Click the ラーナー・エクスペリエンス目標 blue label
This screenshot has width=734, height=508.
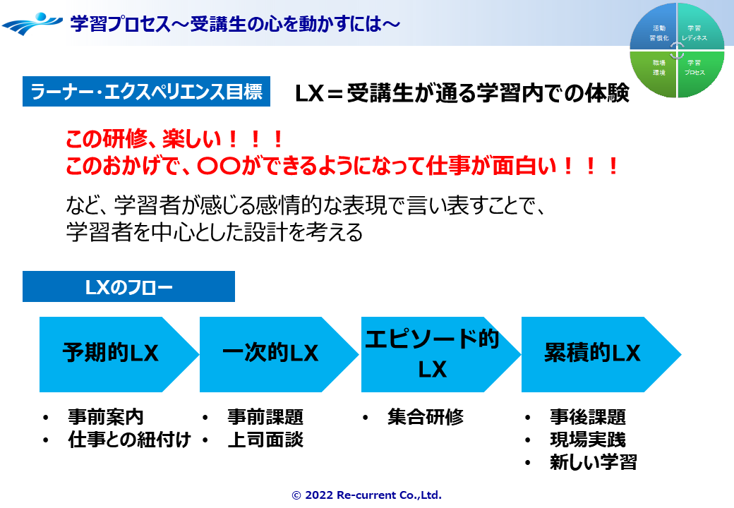146,92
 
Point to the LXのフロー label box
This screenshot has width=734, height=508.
128,287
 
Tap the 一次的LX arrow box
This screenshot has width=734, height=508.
271,353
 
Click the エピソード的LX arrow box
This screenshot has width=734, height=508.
432,353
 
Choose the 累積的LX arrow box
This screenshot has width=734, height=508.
592,353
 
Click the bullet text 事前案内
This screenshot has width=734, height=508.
106,417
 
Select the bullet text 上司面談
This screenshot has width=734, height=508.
265,440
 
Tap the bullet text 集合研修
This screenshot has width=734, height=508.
426,417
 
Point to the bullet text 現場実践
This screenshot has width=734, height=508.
587,440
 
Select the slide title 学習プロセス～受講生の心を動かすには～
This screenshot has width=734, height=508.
236,24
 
